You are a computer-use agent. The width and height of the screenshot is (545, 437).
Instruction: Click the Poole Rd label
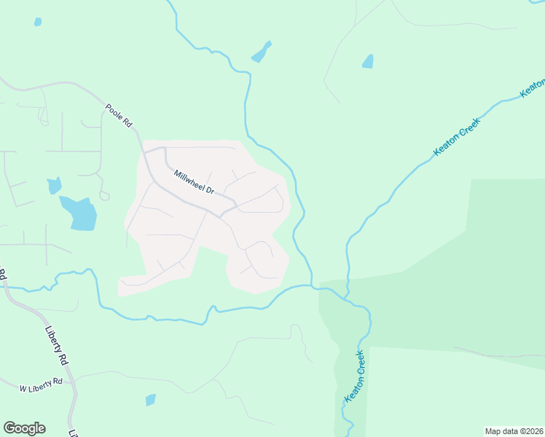click(x=118, y=116)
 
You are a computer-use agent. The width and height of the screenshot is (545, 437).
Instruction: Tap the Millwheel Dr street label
click(x=193, y=181)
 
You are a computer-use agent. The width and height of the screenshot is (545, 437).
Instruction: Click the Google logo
click(x=24, y=428)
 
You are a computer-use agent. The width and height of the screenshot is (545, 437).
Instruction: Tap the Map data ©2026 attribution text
click(x=514, y=430)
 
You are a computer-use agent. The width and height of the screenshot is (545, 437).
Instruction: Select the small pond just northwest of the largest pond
click(x=54, y=186)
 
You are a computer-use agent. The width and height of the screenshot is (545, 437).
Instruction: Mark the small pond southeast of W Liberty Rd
click(x=151, y=399)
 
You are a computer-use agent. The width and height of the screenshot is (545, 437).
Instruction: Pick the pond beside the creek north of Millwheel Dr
click(x=261, y=52)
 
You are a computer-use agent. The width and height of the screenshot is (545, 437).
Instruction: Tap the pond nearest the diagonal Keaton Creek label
click(x=368, y=61)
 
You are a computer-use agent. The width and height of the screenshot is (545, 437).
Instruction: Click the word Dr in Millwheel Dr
click(x=209, y=191)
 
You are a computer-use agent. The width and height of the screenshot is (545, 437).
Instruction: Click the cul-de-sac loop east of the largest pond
click(x=104, y=195)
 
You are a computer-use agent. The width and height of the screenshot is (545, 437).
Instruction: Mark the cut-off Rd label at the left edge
click(x=3, y=275)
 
